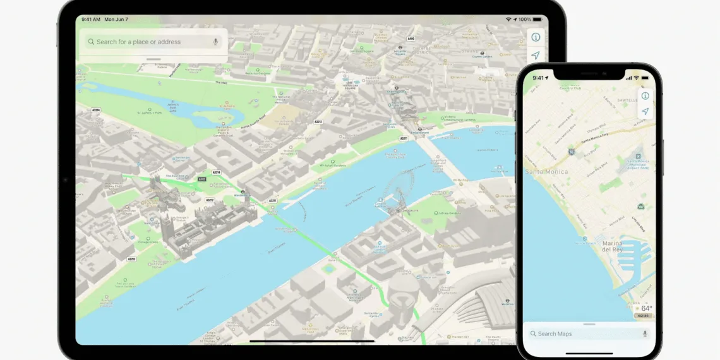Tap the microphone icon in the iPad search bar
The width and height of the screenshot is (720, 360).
coord(215,42)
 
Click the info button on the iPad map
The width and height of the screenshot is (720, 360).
coord(536,37)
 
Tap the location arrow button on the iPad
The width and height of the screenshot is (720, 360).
coord(536,56)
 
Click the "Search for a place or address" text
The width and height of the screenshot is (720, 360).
coord(138,42)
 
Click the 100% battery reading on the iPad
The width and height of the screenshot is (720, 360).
coord(525,20)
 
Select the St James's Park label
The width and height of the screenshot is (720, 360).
coord(150,114)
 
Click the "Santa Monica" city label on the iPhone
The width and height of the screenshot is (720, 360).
coord(546,171)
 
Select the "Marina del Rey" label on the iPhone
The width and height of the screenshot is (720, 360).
coord(611,246)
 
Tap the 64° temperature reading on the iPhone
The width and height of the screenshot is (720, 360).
coord(647,308)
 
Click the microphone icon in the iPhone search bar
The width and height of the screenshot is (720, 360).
coord(645,333)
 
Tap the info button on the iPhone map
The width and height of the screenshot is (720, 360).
coord(645,96)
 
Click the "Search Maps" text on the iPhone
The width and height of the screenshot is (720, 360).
coord(555,333)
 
